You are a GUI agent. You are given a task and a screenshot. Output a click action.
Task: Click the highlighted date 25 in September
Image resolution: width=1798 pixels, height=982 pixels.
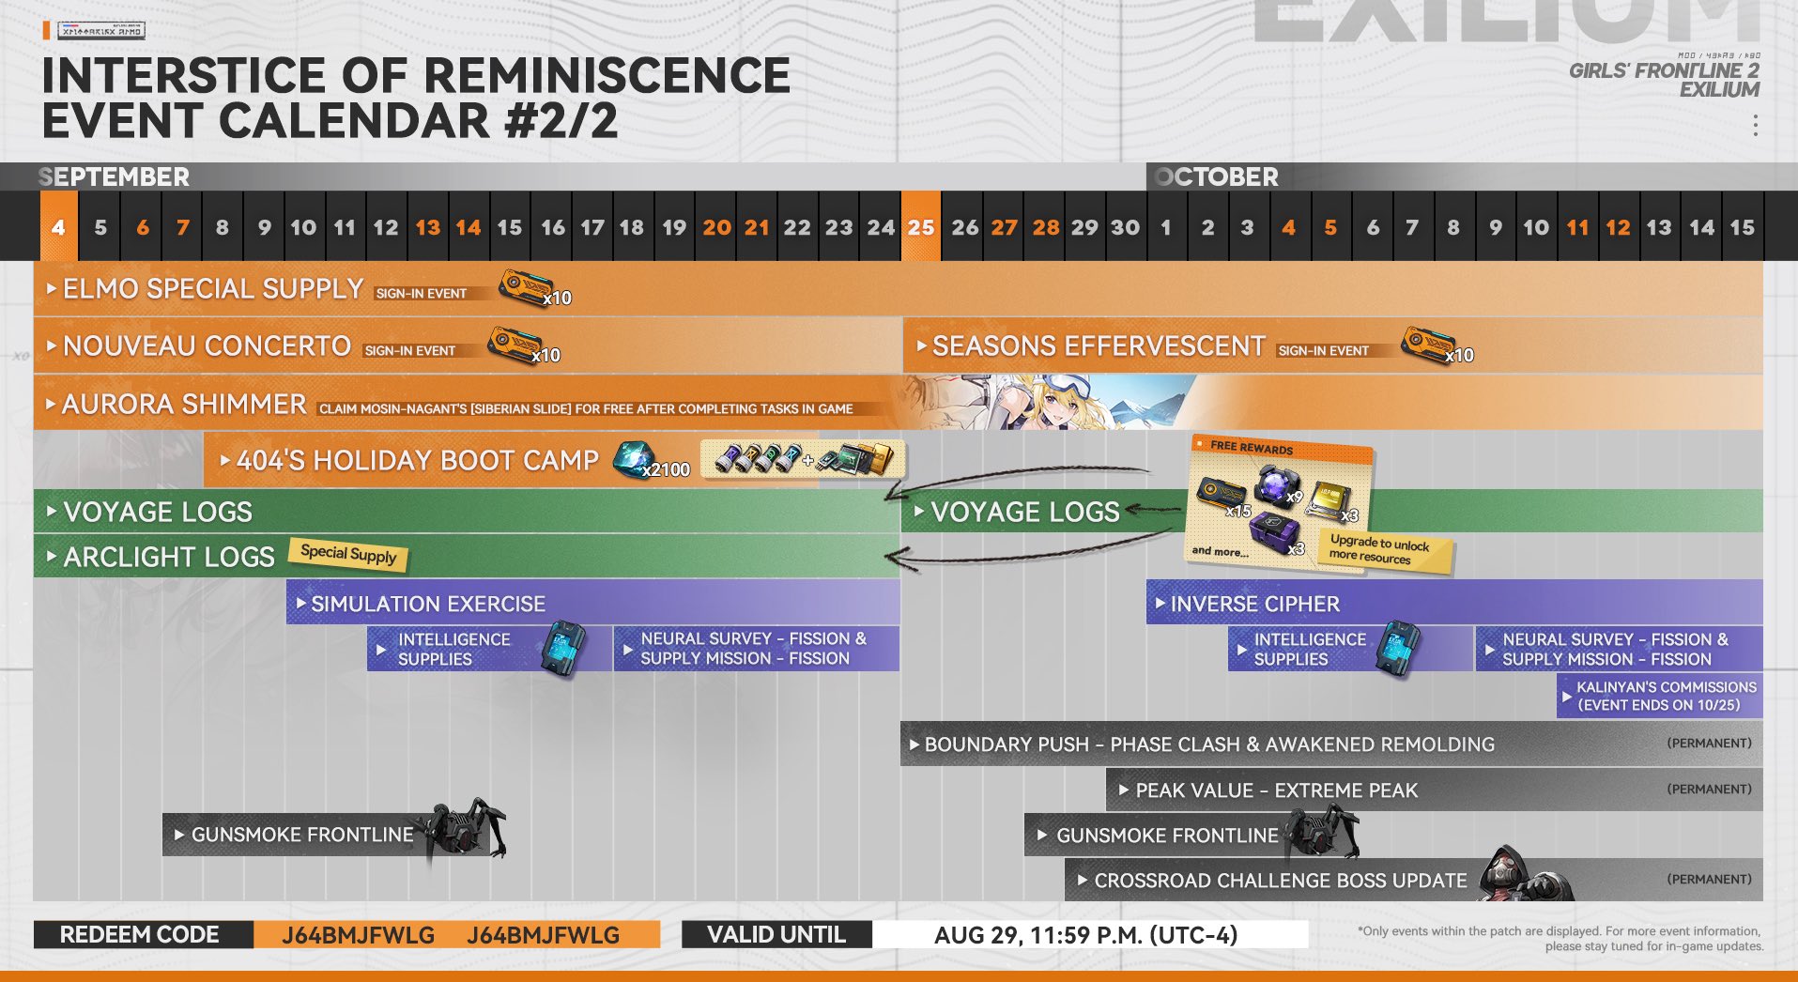(x=921, y=227)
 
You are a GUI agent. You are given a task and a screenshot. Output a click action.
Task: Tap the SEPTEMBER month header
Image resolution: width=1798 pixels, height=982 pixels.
(x=115, y=176)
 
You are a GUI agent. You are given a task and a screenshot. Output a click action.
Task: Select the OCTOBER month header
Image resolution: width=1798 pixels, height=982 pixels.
(x=1217, y=176)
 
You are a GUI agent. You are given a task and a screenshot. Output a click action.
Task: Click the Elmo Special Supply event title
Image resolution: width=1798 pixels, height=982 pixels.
(x=212, y=289)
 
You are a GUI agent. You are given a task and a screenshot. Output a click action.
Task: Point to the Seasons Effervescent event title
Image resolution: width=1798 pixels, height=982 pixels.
(x=1098, y=346)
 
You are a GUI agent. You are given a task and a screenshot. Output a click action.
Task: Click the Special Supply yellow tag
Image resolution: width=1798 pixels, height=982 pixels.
(x=348, y=554)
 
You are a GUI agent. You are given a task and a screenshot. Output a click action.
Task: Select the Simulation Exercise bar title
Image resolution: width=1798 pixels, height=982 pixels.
(x=427, y=604)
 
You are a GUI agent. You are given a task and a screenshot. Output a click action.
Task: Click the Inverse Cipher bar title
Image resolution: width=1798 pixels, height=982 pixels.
(x=1254, y=604)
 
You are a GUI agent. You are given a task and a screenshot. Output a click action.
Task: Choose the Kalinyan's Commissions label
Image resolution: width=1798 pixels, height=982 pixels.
(x=1665, y=696)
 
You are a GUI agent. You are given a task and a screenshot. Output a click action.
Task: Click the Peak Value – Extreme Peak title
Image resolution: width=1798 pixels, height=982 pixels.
(x=1276, y=790)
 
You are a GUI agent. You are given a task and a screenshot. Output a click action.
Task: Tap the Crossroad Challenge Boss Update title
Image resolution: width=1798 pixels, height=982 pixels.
(x=1280, y=881)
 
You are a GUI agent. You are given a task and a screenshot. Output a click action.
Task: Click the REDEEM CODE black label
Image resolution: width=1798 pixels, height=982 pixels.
(x=140, y=935)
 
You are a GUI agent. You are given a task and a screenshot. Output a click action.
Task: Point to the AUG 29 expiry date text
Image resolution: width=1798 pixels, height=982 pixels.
(x=1085, y=935)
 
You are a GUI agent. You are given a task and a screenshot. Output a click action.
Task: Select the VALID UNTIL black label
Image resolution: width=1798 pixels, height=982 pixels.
(x=776, y=935)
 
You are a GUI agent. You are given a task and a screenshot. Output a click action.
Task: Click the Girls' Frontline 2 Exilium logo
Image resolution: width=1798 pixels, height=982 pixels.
(x=1665, y=79)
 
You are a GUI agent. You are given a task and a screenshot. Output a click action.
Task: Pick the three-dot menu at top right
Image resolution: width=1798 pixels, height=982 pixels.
(x=1755, y=125)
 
